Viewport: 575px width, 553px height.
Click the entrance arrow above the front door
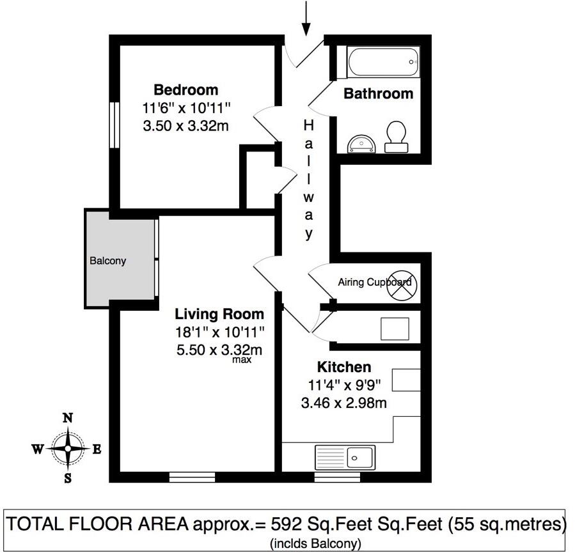click(x=306, y=18)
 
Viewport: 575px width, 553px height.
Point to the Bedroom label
click(x=185, y=90)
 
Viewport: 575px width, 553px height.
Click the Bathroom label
click(x=378, y=94)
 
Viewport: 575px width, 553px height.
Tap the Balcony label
click(x=107, y=261)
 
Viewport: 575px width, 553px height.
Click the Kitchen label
click(x=344, y=367)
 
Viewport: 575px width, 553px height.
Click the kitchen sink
click(x=345, y=457)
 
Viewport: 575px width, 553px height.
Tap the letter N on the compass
click(x=67, y=418)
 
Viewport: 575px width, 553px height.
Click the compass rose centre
click(x=67, y=449)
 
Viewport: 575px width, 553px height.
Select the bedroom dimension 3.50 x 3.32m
click(x=185, y=126)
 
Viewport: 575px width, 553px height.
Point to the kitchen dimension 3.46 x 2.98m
click(x=343, y=403)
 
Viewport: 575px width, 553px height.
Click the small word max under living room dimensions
click(x=242, y=360)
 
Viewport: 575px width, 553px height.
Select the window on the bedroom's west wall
click(x=114, y=125)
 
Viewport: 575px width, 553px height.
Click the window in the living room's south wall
click(x=192, y=476)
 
